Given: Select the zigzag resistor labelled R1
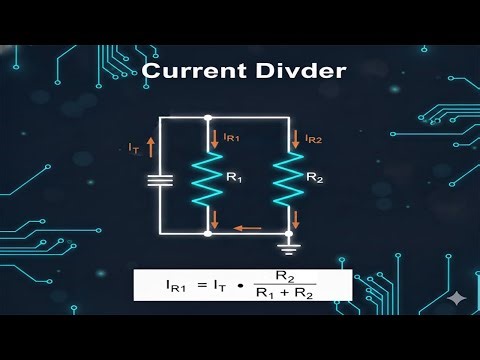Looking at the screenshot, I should tap(207, 177).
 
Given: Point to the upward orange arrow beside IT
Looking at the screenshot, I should tap(150, 147).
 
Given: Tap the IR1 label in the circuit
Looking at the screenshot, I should tap(229, 136).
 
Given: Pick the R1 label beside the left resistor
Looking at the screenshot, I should tap(233, 177).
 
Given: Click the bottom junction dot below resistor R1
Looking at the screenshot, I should tap(207, 234).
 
